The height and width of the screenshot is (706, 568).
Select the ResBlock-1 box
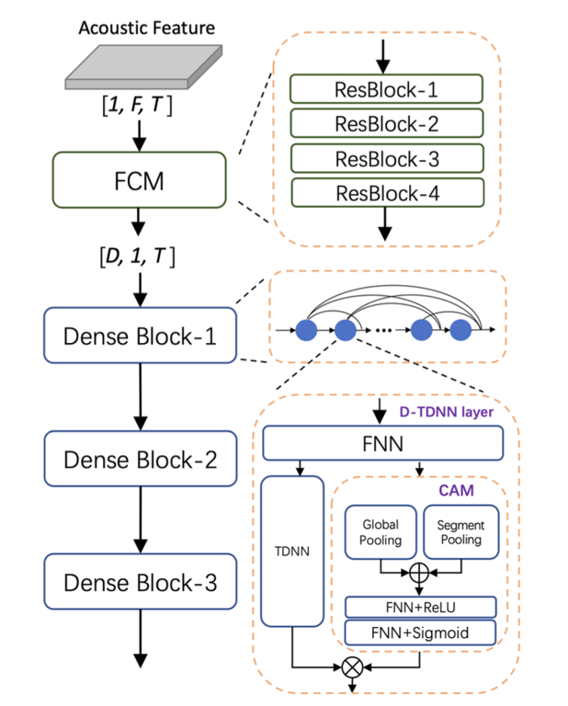click(386, 89)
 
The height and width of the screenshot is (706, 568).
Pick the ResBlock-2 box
click(386, 124)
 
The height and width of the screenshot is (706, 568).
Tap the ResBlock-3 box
click(386, 158)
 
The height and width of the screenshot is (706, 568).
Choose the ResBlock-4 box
click(386, 193)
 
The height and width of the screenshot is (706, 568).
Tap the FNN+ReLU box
click(420, 607)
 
